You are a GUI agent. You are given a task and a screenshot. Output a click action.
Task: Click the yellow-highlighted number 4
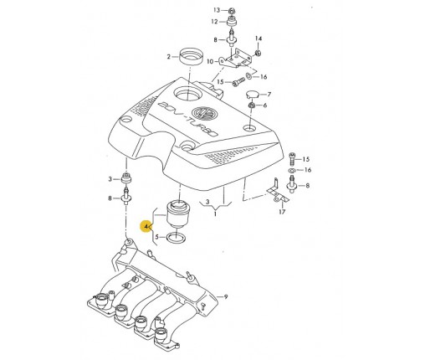point(147,226)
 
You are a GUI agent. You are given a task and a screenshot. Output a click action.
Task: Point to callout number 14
point(259,39)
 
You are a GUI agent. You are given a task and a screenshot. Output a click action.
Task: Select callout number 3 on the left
point(110,179)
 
